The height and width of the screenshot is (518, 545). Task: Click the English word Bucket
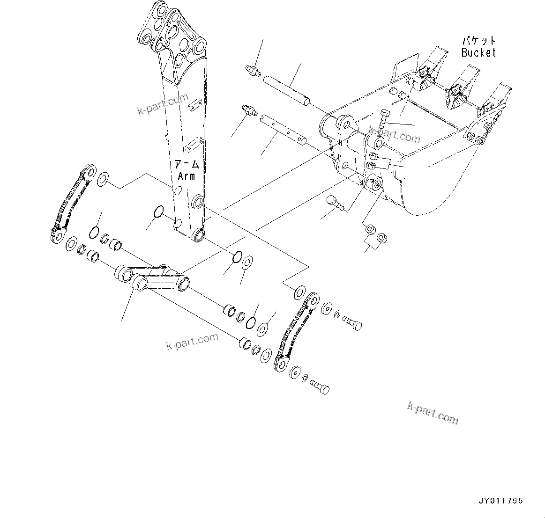click(478, 52)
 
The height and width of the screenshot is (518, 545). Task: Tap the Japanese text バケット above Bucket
click(478, 41)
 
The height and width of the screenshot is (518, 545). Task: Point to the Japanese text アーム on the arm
click(187, 165)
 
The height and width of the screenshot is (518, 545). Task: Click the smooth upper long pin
click(280, 87)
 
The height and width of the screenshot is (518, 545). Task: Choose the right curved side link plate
click(295, 332)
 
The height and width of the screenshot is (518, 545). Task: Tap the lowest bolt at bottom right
click(320, 387)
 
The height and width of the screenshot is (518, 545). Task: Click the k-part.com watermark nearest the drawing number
click(433, 413)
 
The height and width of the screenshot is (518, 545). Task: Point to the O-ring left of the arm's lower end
click(158, 212)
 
